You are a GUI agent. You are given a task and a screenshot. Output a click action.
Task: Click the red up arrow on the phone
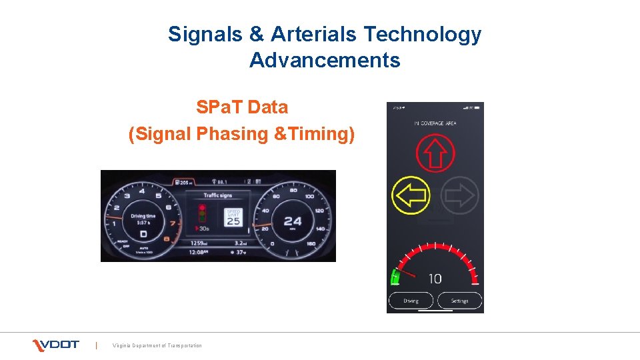[x=435, y=153]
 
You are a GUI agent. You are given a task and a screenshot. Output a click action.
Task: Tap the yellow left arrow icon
[x=411, y=196]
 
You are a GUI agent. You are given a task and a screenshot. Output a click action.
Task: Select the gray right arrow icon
[x=460, y=196]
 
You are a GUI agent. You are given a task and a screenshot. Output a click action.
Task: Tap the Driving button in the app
[x=411, y=301]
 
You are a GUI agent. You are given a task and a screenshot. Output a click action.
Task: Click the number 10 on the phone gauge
[x=435, y=279]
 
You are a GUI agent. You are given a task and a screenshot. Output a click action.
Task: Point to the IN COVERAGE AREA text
[x=435, y=123]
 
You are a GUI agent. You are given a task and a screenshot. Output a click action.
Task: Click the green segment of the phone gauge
[x=395, y=277]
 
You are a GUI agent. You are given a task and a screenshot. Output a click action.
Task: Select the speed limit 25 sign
[x=233, y=217]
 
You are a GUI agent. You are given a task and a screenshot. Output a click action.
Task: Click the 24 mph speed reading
[x=292, y=221]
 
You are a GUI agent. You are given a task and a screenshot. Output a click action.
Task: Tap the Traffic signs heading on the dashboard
[x=218, y=195]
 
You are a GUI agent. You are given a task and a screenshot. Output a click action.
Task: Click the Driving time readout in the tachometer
[x=143, y=219]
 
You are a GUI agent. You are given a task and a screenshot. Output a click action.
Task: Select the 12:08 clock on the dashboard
[x=199, y=253]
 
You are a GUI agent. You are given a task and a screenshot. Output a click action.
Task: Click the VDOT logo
[x=56, y=345]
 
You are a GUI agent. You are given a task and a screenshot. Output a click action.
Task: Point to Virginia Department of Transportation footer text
[x=157, y=345]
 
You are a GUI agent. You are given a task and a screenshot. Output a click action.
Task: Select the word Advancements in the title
[x=325, y=61]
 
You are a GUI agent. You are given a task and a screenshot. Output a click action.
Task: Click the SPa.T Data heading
[x=242, y=107]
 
